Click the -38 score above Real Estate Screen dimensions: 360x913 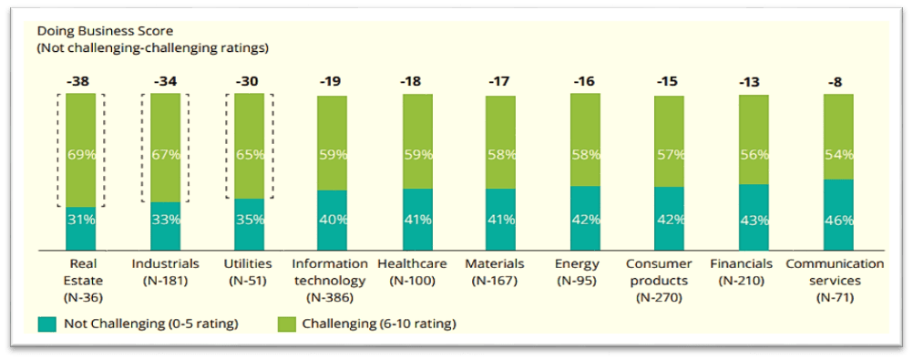pyautogui.click(x=80, y=81)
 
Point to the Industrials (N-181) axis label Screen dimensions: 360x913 pyautogui.click(x=165, y=272)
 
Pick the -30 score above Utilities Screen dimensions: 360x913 pyautogui.click(x=248, y=81)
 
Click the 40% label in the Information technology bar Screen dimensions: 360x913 pyautogui.click(x=333, y=220)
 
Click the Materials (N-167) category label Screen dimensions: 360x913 pyautogui.click(x=499, y=272)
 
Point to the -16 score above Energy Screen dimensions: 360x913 pyautogui.click(x=584, y=81)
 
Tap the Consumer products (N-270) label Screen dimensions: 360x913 pyautogui.click(x=669, y=280)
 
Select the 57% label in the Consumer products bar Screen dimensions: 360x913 pyautogui.click(x=669, y=155)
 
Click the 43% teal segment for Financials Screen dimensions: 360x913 pyautogui.click(x=753, y=220)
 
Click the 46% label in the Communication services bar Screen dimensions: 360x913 pyautogui.click(x=837, y=220)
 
